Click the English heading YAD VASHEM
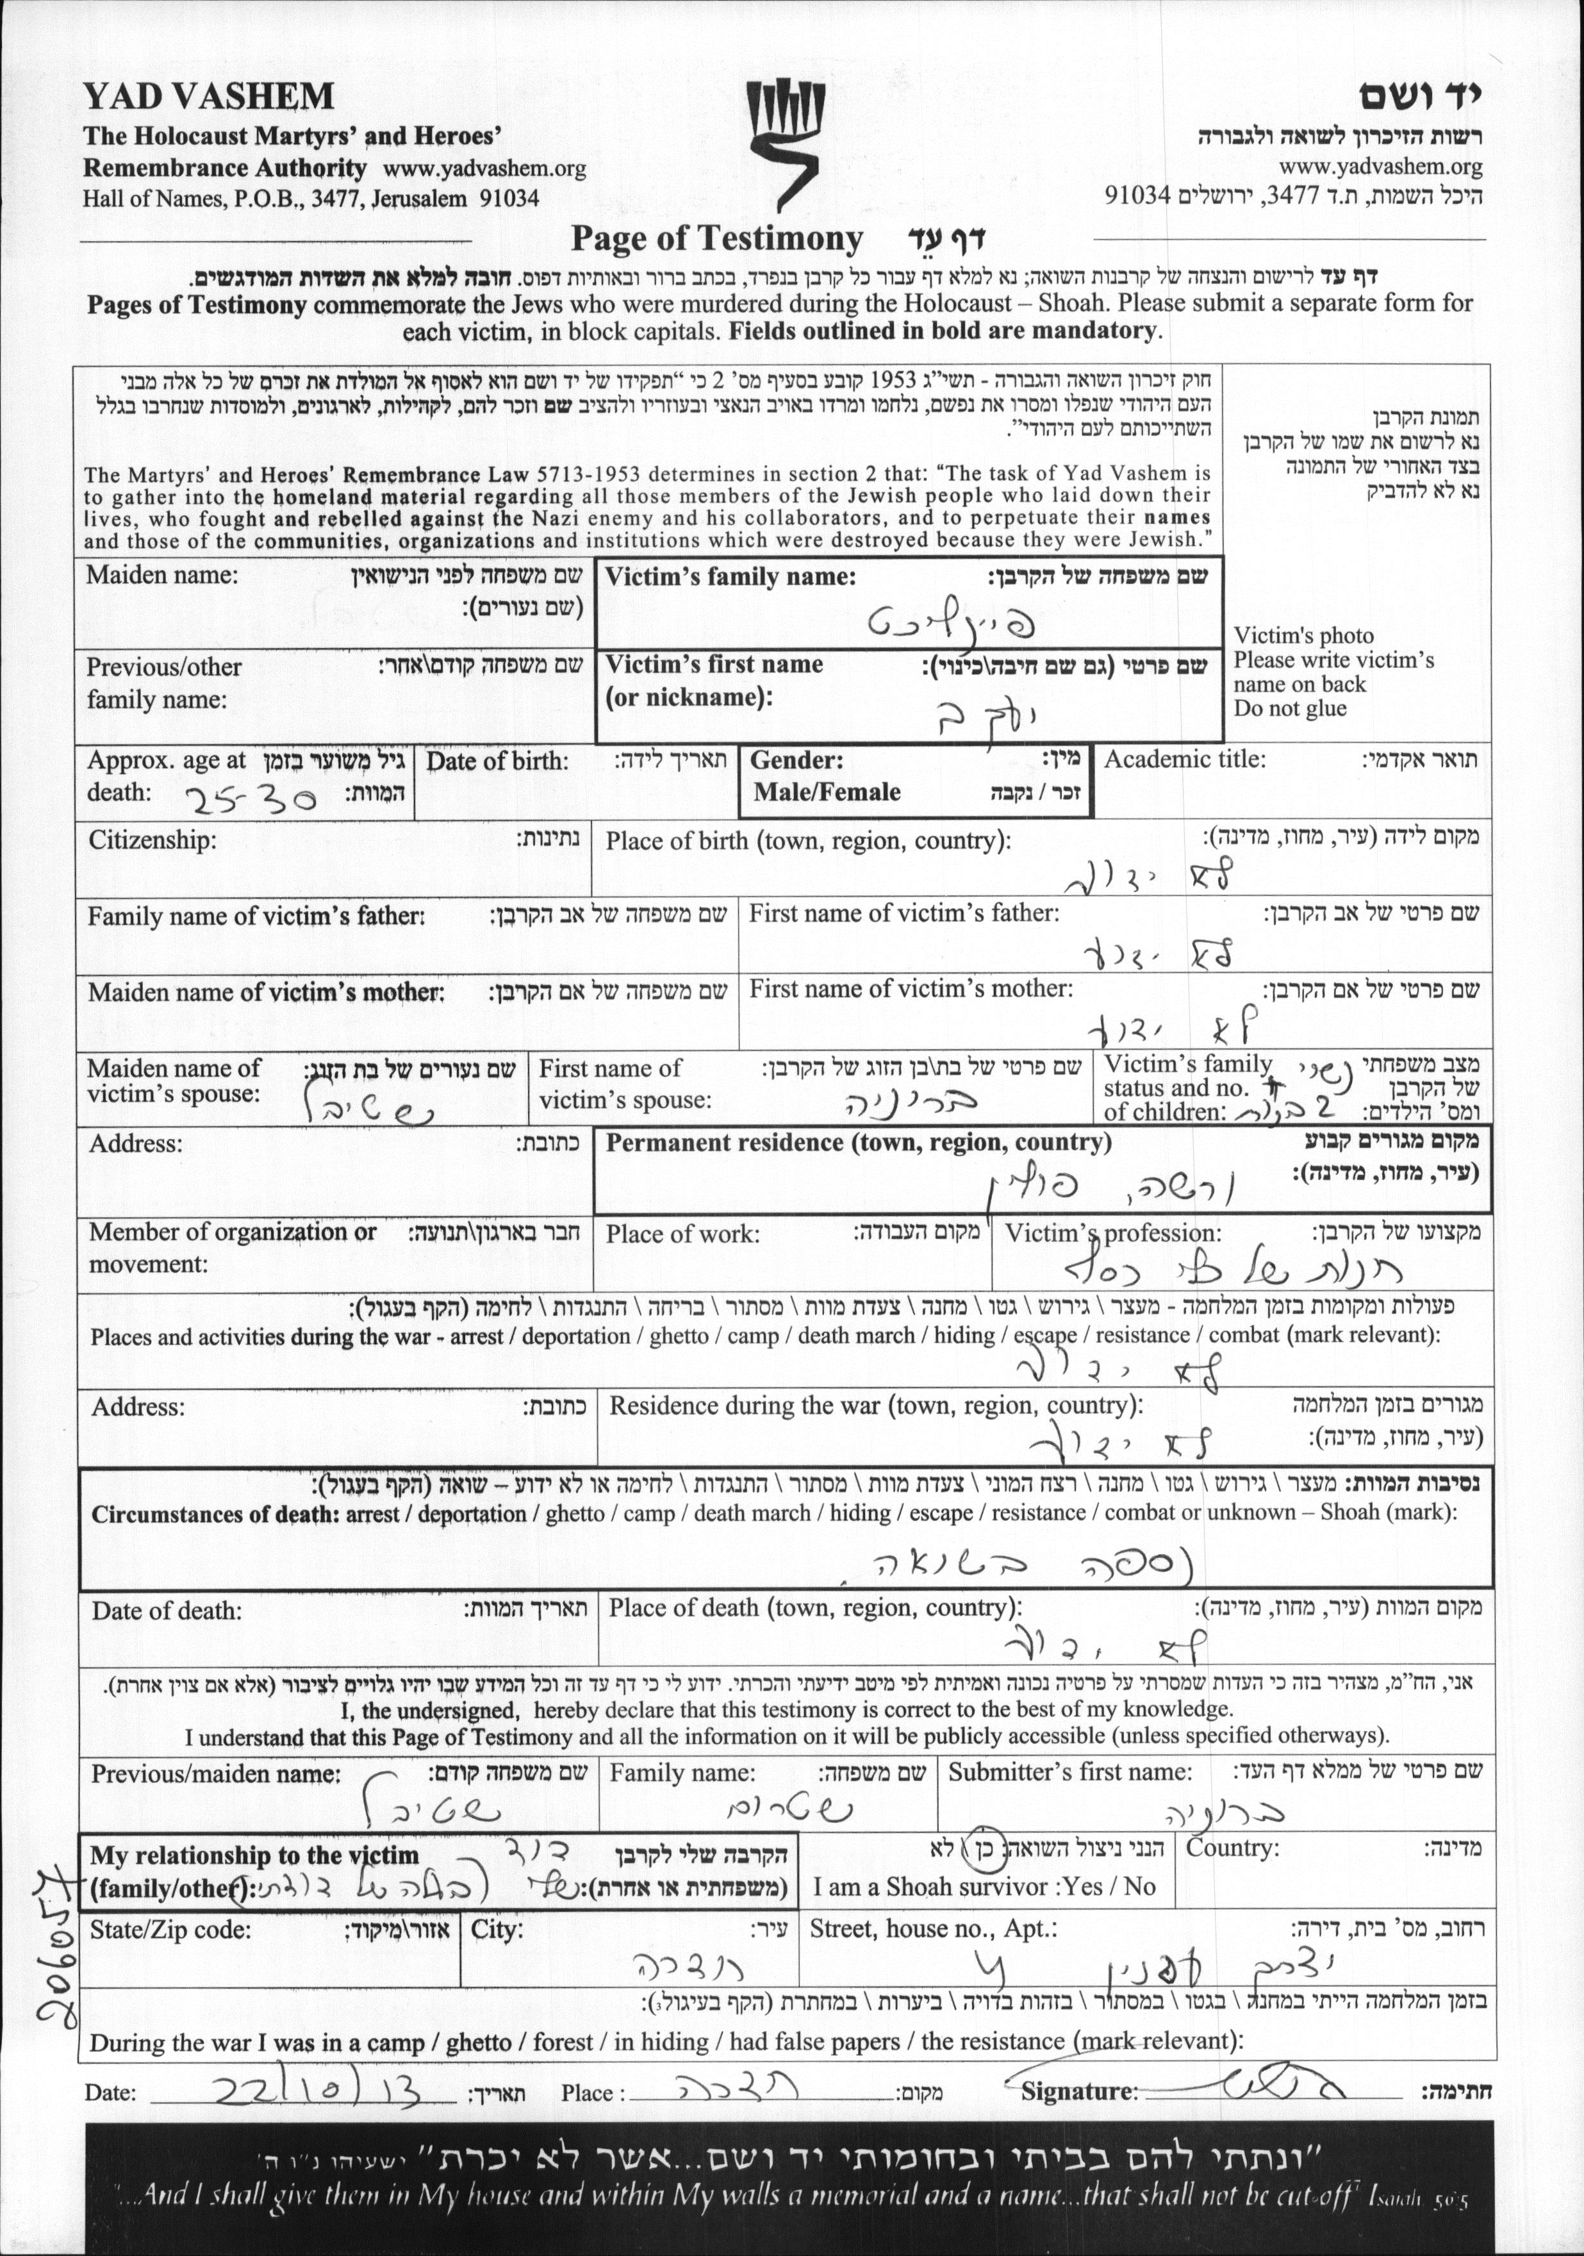(x=208, y=96)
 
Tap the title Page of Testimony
(x=716, y=239)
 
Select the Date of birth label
(x=496, y=761)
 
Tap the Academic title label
(x=1184, y=759)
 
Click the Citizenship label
(x=153, y=840)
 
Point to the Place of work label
(x=682, y=1234)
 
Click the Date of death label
(x=166, y=1611)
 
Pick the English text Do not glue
(x=1289, y=708)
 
